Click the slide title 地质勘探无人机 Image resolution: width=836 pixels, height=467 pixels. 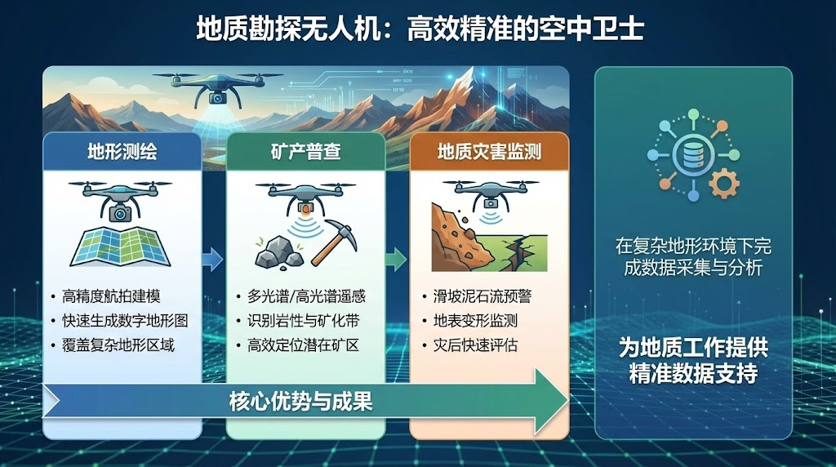tap(290, 28)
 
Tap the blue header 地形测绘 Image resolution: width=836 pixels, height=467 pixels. tap(122, 153)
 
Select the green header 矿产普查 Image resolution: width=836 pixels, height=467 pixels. tap(305, 153)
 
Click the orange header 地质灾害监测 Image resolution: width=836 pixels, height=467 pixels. tap(490, 153)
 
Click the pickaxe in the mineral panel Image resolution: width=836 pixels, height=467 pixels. tap(335, 242)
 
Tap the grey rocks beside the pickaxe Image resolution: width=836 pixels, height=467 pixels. tap(278, 253)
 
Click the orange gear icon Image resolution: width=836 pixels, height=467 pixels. tap(724, 183)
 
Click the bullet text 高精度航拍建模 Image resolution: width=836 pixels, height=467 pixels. tap(111, 296)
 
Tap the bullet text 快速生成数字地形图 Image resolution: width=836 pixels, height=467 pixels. tap(125, 321)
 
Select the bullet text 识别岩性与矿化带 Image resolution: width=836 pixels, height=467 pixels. tap(303, 321)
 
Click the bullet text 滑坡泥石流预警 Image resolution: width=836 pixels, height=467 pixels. tap(482, 296)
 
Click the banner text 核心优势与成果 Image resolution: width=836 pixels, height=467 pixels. tap(300, 402)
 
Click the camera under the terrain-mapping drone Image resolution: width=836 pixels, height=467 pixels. tap(121, 213)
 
